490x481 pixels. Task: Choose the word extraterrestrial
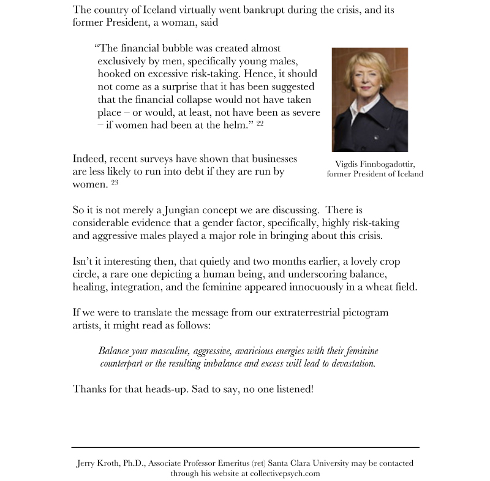(312, 313)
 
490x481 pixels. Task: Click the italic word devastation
(350, 363)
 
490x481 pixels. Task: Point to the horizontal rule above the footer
(245, 448)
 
